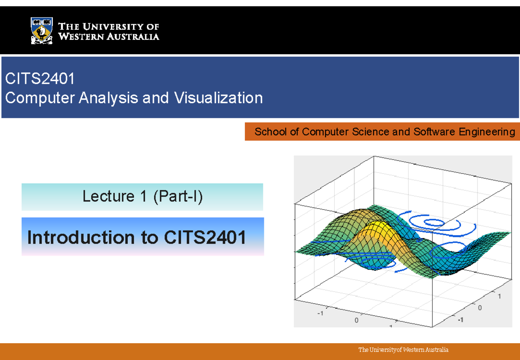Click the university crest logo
click(42, 31)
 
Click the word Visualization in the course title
click(218, 98)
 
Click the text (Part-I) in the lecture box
click(177, 197)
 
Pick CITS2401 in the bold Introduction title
click(205, 237)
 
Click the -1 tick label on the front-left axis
click(321, 313)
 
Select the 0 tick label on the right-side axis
click(480, 308)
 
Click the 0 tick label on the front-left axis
click(356, 321)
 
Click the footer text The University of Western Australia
click(403, 350)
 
